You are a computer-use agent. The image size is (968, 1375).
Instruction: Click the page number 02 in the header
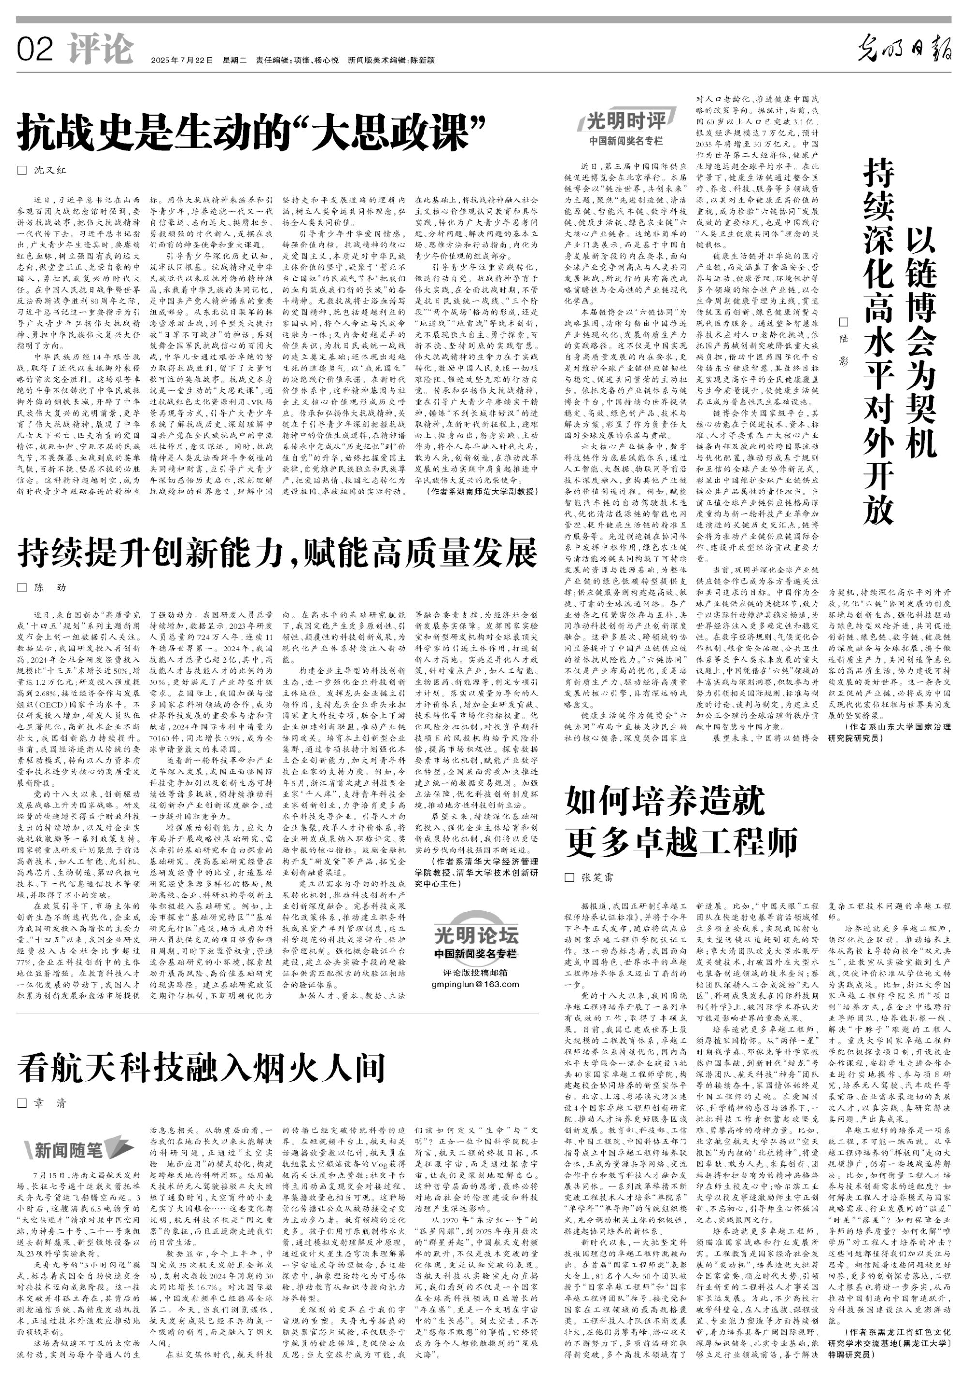(x=35, y=49)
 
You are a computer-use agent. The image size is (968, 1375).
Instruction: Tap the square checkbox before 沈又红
(x=22, y=170)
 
